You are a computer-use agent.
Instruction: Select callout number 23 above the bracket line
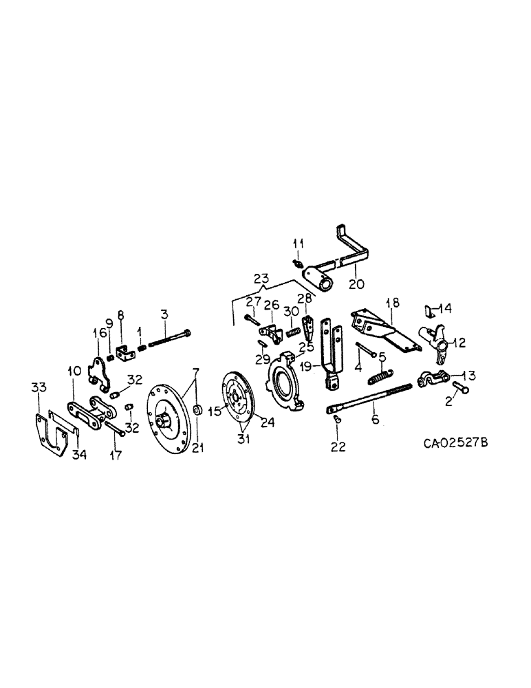point(262,279)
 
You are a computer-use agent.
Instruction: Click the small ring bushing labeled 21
point(197,411)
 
